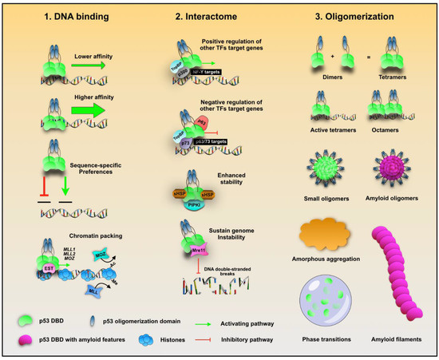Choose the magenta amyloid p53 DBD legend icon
coord(27,340)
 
